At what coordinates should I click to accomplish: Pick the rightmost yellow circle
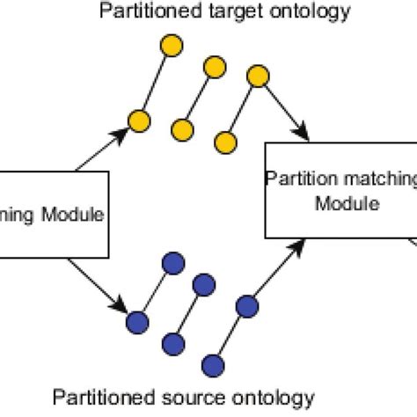[x=258, y=76]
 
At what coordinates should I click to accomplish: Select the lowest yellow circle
[x=226, y=143]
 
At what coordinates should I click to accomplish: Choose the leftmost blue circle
[x=136, y=321]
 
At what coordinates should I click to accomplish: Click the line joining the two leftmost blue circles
[x=154, y=291]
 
